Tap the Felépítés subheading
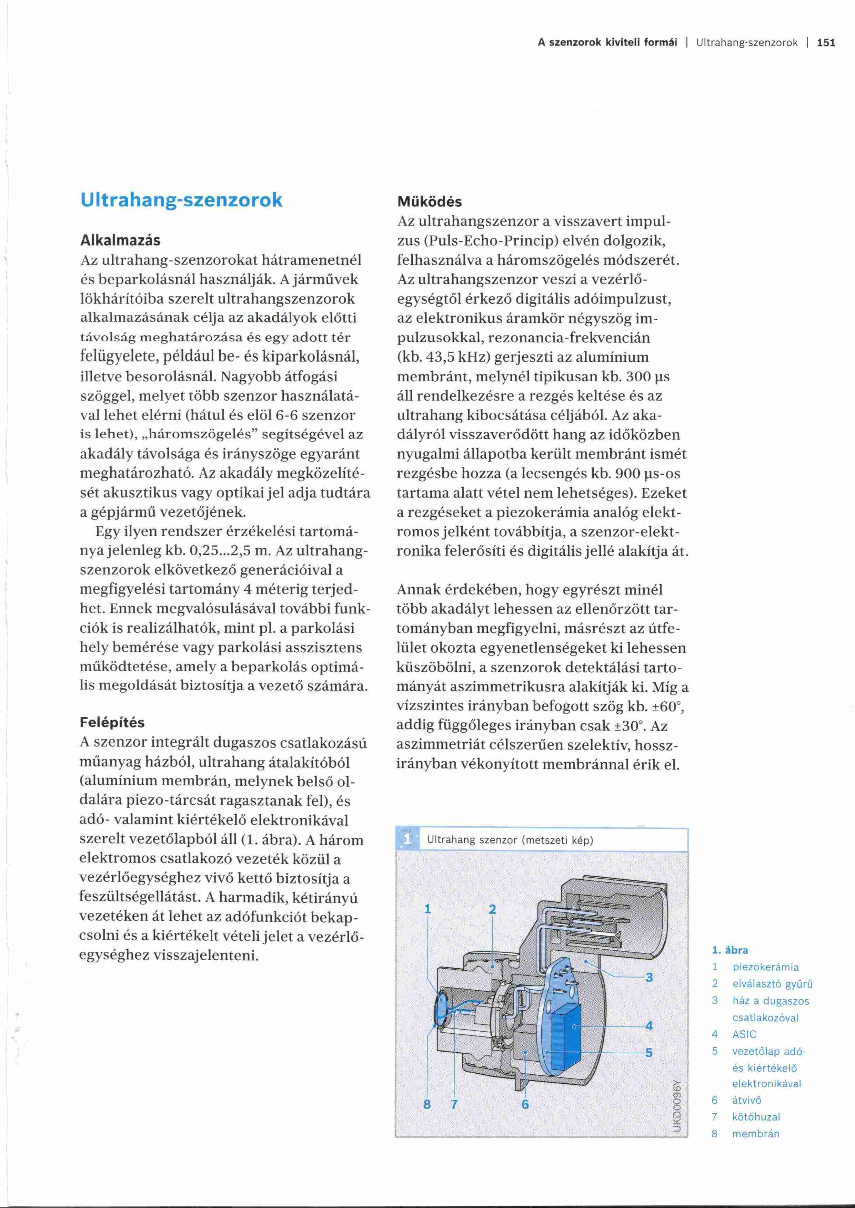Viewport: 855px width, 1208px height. [112, 722]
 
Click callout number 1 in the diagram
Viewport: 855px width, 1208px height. [428, 909]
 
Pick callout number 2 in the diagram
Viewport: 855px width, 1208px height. [492, 909]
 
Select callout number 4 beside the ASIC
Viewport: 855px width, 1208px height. [649, 1025]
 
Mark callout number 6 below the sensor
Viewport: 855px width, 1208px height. [525, 1104]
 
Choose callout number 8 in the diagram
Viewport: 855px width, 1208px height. [427, 1104]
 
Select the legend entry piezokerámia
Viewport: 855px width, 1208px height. [765, 967]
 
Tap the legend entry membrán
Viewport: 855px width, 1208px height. [755, 1134]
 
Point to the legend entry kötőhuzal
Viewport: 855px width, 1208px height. [756, 1117]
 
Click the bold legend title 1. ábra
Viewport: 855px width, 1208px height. [730, 950]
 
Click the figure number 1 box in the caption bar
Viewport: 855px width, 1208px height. [407, 840]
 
